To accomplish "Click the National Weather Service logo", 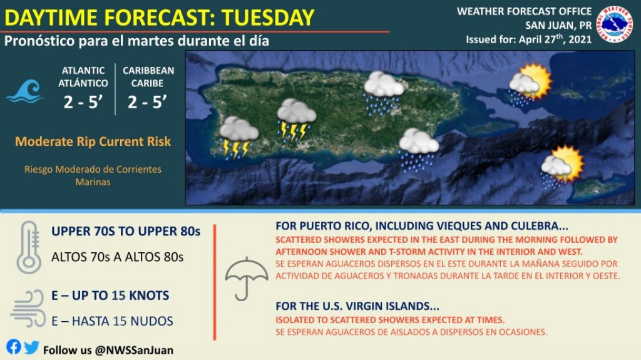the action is tap(615, 24).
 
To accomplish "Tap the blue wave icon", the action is tap(25, 91).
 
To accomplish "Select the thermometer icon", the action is tap(29, 247).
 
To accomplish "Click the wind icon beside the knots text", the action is tap(28, 309).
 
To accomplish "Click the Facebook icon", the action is tap(14, 347).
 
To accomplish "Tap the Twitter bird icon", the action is tap(31, 347).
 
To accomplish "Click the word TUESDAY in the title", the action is tap(268, 18).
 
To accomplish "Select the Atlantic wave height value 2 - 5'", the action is tap(83, 102).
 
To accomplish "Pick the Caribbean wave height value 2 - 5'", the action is tap(147, 102).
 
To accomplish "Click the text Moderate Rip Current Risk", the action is tap(93, 141).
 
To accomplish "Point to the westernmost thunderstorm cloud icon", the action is tap(238, 137).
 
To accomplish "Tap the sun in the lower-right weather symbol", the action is tap(568, 162).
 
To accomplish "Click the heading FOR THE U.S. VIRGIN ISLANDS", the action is tap(357, 306).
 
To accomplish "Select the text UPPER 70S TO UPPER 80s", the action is tap(126, 231).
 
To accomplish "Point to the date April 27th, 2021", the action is tap(556, 39).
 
